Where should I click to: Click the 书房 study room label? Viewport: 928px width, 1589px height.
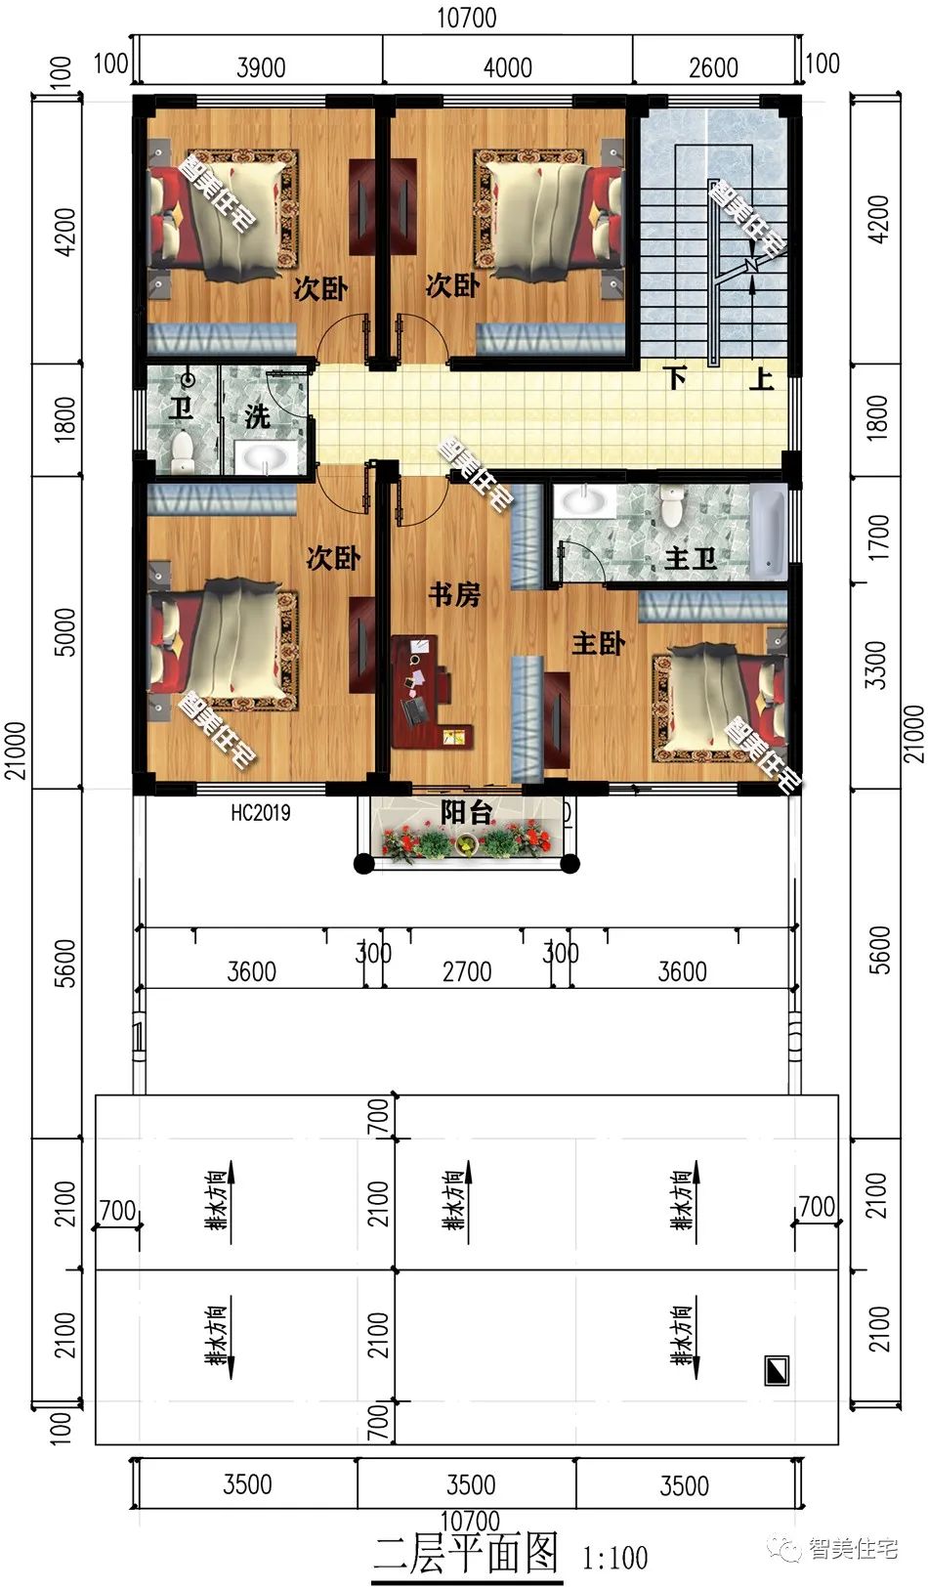pyautogui.click(x=454, y=593)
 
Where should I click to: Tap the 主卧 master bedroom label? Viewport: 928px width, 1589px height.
pyautogui.click(x=598, y=643)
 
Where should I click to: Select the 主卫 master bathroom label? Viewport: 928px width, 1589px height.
pyautogui.click(x=690, y=559)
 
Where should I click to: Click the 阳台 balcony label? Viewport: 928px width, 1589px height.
pyautogui.click(x=465, y=812)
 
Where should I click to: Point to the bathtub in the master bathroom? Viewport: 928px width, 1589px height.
pyautogui.click(x=768, y=533)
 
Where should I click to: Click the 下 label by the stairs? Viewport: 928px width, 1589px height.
pyautogui.click(x=675, y=377)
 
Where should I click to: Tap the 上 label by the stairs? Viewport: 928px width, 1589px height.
pyautogui.click(x=761, y=377)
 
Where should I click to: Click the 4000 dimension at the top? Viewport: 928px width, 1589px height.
pyautogui.click(x=507, y=67)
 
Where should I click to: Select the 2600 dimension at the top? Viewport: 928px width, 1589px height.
pyautogui.click(x=713, y=67)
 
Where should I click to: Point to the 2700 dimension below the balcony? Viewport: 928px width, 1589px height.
pyautogui.click(x=467, y=971)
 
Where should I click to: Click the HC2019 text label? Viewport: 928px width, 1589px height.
pyautogui.click(x=260, y=812)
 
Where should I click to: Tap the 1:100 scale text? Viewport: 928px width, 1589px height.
pyautogui.click(x=615, y=1557)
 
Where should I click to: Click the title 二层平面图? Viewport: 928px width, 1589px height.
pyautogui.click(x=467, y=1553)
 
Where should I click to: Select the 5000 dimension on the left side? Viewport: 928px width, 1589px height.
pyautogui.click(x=64, y=631)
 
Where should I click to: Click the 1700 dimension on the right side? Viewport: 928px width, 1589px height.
pyautogui.click(x=878, y=537)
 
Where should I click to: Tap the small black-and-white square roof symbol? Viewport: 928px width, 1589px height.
pyautogui.click(x=776, y=1370)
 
